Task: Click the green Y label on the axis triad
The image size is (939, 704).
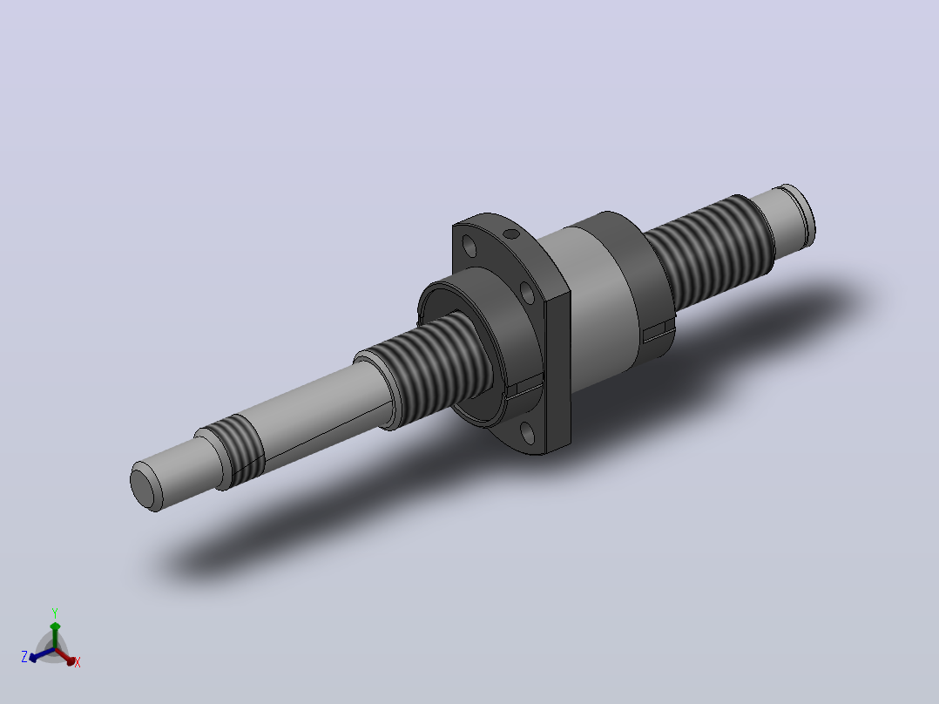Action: click(55, 613)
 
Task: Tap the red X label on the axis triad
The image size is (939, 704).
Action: click(78, 662)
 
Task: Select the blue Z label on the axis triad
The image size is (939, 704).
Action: click(24, 656)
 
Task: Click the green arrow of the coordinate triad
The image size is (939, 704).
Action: click(55, 634)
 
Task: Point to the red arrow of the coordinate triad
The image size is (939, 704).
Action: click(65, 656)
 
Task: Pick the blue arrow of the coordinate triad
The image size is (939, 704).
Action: click(41, 655)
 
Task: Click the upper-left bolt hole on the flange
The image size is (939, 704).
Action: click(470, 246)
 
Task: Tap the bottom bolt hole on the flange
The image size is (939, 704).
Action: click(528, 432)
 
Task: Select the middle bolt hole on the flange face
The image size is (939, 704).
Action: click(528, 293)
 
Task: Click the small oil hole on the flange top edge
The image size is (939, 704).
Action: click(510, 234)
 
